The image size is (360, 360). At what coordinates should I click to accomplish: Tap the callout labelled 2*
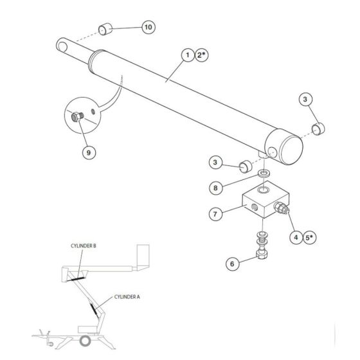tap(201, 56)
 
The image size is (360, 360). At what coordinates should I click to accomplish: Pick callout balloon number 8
tap(216, 188)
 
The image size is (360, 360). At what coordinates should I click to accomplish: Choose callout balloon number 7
tap(215, 212)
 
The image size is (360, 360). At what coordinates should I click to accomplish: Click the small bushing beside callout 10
tap(106, 30)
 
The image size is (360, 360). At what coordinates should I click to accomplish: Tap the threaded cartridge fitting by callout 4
tap(281, 208)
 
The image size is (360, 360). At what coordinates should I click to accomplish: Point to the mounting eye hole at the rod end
tap(62, 45)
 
